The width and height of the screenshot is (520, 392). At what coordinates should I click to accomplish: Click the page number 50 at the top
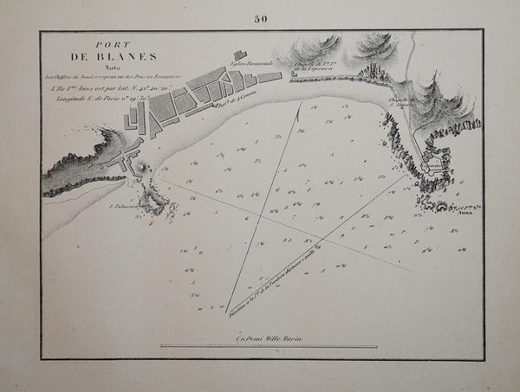pos(260,20)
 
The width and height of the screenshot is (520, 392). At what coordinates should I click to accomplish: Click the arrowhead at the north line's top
pos(300,103)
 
